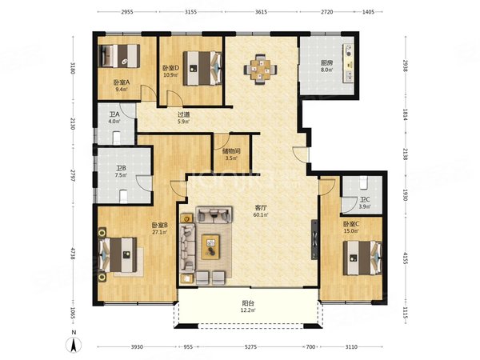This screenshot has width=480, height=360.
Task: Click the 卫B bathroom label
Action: click(120, 170)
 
